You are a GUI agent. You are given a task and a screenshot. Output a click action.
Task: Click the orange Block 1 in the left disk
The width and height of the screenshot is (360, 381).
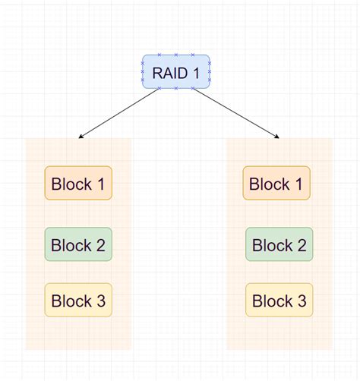pos(78,183)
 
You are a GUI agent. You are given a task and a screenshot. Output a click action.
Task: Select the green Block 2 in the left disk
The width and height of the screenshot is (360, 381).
pos(78,244)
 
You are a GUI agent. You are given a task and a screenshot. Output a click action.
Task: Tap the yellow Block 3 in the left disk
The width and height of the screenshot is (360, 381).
pos(78,301)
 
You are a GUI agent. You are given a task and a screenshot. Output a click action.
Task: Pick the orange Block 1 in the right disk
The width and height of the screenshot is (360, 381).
pos(276,183)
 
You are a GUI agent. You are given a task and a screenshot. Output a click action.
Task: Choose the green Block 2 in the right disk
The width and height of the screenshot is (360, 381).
pos(279,244)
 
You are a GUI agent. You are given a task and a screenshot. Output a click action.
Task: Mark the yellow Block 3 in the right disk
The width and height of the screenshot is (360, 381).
pos(279,301)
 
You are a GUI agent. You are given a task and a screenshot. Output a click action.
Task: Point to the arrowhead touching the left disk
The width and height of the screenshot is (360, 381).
pos(81,137)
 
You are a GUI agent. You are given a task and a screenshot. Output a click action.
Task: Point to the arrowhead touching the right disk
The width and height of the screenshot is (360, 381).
pos(277,137)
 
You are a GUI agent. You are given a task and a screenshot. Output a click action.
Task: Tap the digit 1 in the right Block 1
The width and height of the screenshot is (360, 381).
pos(298,184)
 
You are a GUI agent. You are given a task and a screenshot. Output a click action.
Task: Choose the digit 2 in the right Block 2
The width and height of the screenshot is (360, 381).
pos(301,245)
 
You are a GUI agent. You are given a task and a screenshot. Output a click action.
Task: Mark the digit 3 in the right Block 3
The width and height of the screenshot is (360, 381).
pos(301,301)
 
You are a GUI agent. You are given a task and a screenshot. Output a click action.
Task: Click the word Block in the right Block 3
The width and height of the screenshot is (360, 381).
pos(270,301)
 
